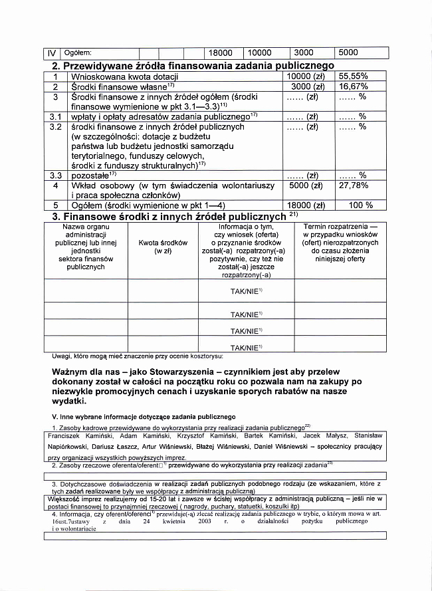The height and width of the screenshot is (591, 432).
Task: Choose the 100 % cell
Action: [x=361, y=205]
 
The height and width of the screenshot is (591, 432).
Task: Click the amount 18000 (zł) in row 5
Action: [x=304, y=205]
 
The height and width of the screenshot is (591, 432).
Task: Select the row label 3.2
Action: [x=56, y=126]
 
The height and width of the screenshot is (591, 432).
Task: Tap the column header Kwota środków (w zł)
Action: [x=163, y=247]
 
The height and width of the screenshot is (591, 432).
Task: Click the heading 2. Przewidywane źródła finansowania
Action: [x=193, y=65]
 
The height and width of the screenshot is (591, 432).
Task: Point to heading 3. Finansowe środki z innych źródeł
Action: [x=169, y=216]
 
